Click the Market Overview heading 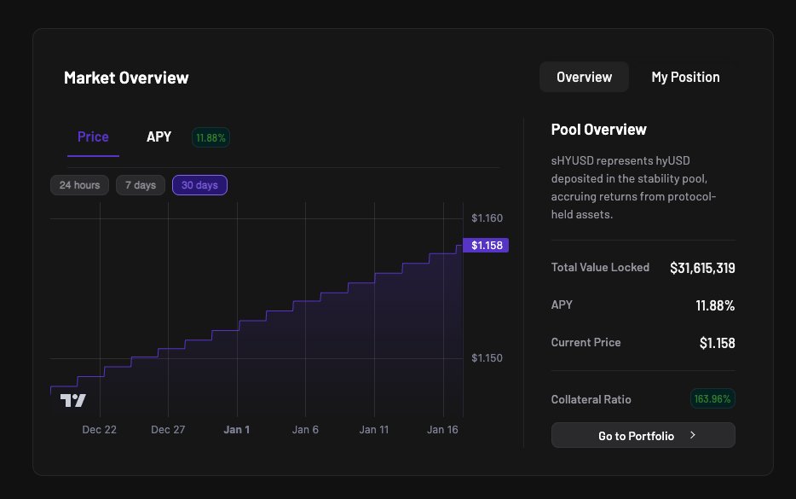[x=126, y=78]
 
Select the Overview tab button [x=584, y=77]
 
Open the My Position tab [x=685, y=77]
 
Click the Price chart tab [x=93, y=136]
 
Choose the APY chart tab [x=159, y=136]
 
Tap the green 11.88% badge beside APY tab [x=211, y=137]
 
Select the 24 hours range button [x=79, y=185]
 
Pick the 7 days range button [x=140, y=185]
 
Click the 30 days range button [x=199, y=185]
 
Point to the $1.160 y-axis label [x=487, y=218]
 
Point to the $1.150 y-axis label [x=487, y=358]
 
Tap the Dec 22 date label [x=99, y=430]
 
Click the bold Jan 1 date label [x=236, y=430]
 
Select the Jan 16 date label [x=442, y=430]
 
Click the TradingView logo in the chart [x=72, y=400]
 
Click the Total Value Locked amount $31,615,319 [x=702, y=268]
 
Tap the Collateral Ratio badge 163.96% [x=712, y=398]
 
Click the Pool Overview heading [x=598, y=130]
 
